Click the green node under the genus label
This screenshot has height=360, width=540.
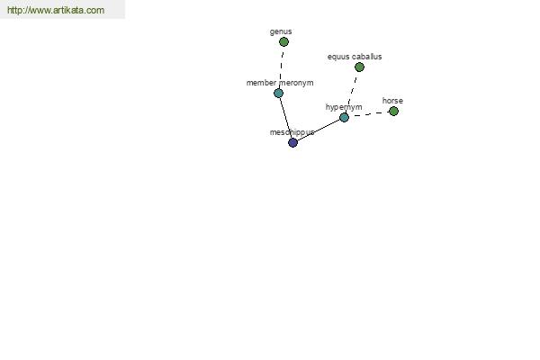coord(283,42)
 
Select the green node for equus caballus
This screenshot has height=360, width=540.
coord(359,67)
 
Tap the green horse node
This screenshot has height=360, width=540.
coord(393,112)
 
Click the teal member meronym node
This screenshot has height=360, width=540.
coord(279,93)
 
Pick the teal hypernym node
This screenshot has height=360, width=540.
coord(344,118)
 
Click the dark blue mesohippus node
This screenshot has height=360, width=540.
coord(292,142)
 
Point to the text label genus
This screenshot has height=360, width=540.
coord(281,31)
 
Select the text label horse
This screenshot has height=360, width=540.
coord(392,101)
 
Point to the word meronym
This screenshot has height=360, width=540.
coord(296,83)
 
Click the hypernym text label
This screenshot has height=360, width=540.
coord(344,107)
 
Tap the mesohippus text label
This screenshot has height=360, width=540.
coord(292,132)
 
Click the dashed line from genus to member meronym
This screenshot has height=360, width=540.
coord(282,67)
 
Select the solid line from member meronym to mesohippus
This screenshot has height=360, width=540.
coord(285,118)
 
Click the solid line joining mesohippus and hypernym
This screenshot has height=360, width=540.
coord(319,130)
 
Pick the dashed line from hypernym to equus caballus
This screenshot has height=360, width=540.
coord(352,93)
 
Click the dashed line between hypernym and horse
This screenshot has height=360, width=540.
coord(369,114)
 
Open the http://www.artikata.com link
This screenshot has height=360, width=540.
coord(56,10)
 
